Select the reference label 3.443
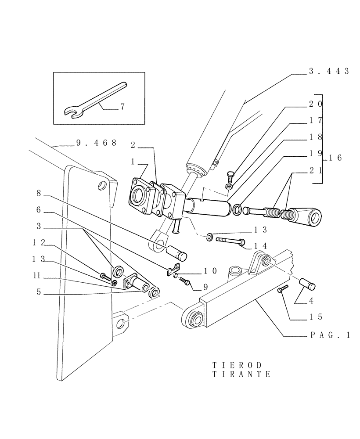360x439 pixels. (328, 71)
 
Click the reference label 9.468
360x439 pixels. (96, 143)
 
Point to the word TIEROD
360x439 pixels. (237, 365)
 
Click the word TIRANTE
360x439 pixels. (241, 374)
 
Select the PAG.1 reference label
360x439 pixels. (329, 335)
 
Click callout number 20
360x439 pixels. (315, 104)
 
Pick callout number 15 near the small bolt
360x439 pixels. (315, 316)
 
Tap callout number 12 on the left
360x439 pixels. (39, 242)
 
